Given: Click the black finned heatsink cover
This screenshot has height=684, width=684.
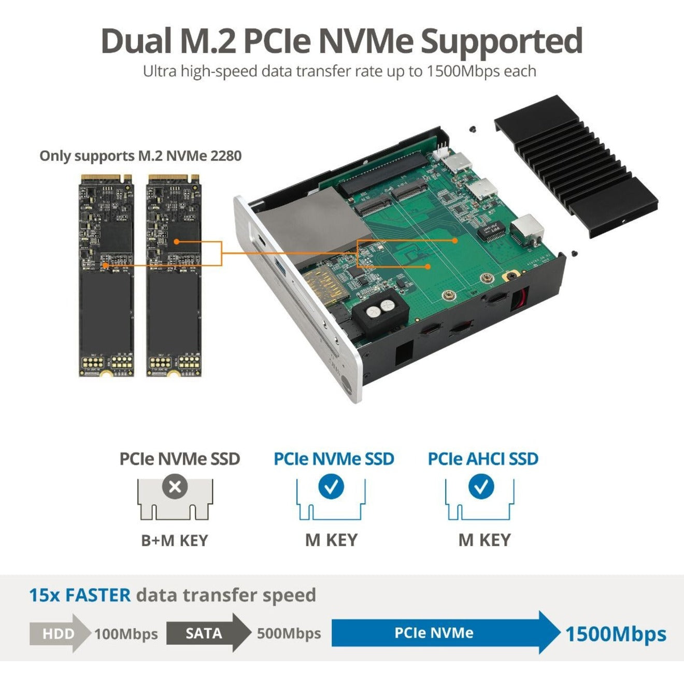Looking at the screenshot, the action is click(x=575, y=167).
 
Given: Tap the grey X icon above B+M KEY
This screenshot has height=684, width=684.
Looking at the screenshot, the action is click(x=175, y=487).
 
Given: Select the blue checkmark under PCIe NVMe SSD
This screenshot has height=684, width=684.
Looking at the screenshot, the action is click(x=331, y=487).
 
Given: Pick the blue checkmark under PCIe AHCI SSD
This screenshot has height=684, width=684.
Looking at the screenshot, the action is click(x=481, y=487).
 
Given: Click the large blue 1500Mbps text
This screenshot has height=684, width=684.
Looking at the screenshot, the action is click(x=616, y=634).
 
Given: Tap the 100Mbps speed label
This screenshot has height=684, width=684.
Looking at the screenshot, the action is click(x=126, y=634).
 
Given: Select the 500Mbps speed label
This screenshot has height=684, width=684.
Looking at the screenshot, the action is click(x=289, y=633).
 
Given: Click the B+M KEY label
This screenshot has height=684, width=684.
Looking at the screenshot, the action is click(x=175, y=540).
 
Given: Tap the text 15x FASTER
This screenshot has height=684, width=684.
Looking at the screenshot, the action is click(x=80, y=595).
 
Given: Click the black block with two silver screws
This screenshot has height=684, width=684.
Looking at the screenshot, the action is click(x=380, y=312).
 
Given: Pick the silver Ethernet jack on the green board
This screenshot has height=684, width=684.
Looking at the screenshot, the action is click(x=526, y=230).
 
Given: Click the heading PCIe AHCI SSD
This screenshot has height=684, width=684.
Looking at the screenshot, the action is click(x=483, y=459).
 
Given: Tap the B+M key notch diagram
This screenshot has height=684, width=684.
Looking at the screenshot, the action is click(x=175, y=499).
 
